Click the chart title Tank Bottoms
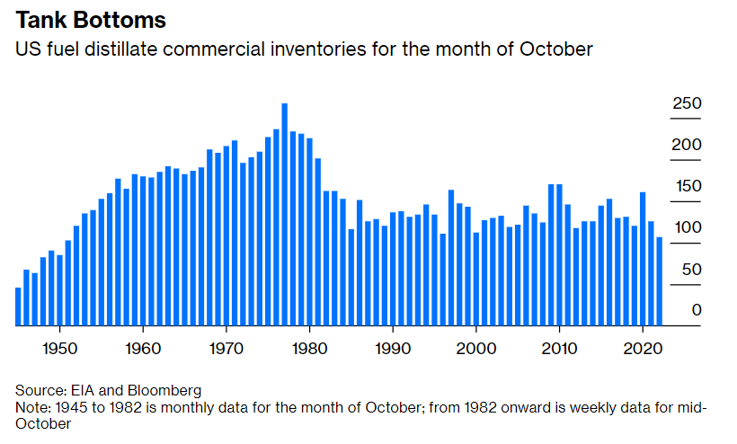[90, 19]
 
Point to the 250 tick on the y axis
[687, 104]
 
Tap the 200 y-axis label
[687, 146]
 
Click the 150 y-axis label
[687, 187]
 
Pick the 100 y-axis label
[687, 227]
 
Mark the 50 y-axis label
[689, 269]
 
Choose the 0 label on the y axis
[696, 310]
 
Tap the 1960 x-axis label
[142, 347]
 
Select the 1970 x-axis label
[226, 347]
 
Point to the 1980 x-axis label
[309, 347]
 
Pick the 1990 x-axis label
[393, 347]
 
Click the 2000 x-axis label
[476, 347]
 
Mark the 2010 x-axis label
[560, 347]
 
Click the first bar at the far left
[18, 306]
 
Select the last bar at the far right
[660, 281]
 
